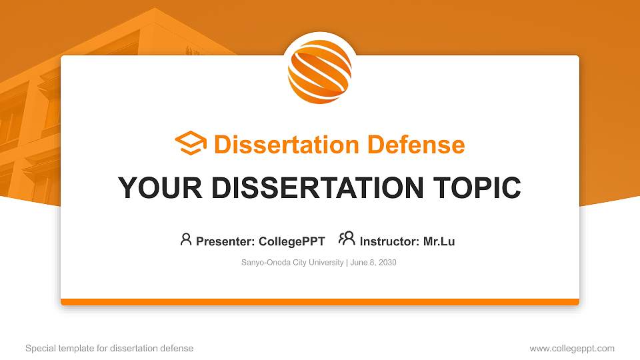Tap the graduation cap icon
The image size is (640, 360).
coord(191,143)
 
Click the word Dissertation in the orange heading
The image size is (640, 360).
coord(279,145)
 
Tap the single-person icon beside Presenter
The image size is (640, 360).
coord(186,239)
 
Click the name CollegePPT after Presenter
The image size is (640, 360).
coord(291,241)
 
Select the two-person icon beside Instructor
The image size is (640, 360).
coord(347,239)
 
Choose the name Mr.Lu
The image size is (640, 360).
coord(439,241)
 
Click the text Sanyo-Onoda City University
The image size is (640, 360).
coord(292,263)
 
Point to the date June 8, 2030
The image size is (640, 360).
coord(373,263)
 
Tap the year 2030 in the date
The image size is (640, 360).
coord(387,263)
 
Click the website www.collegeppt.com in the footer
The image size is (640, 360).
coord(572,348)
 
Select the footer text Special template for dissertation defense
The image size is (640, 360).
coord(109,348)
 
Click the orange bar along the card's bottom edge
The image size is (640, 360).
coord(320,302)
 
